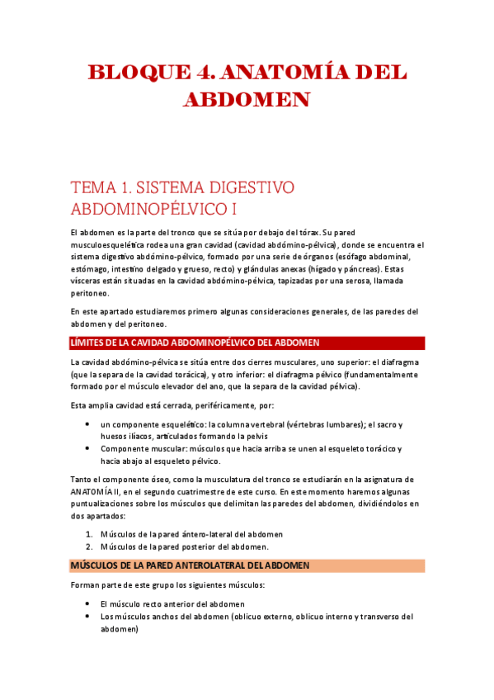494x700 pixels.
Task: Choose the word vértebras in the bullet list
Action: [303, 424]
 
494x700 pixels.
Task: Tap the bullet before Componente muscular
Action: [88, 448]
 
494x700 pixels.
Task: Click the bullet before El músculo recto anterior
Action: [88, 603]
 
